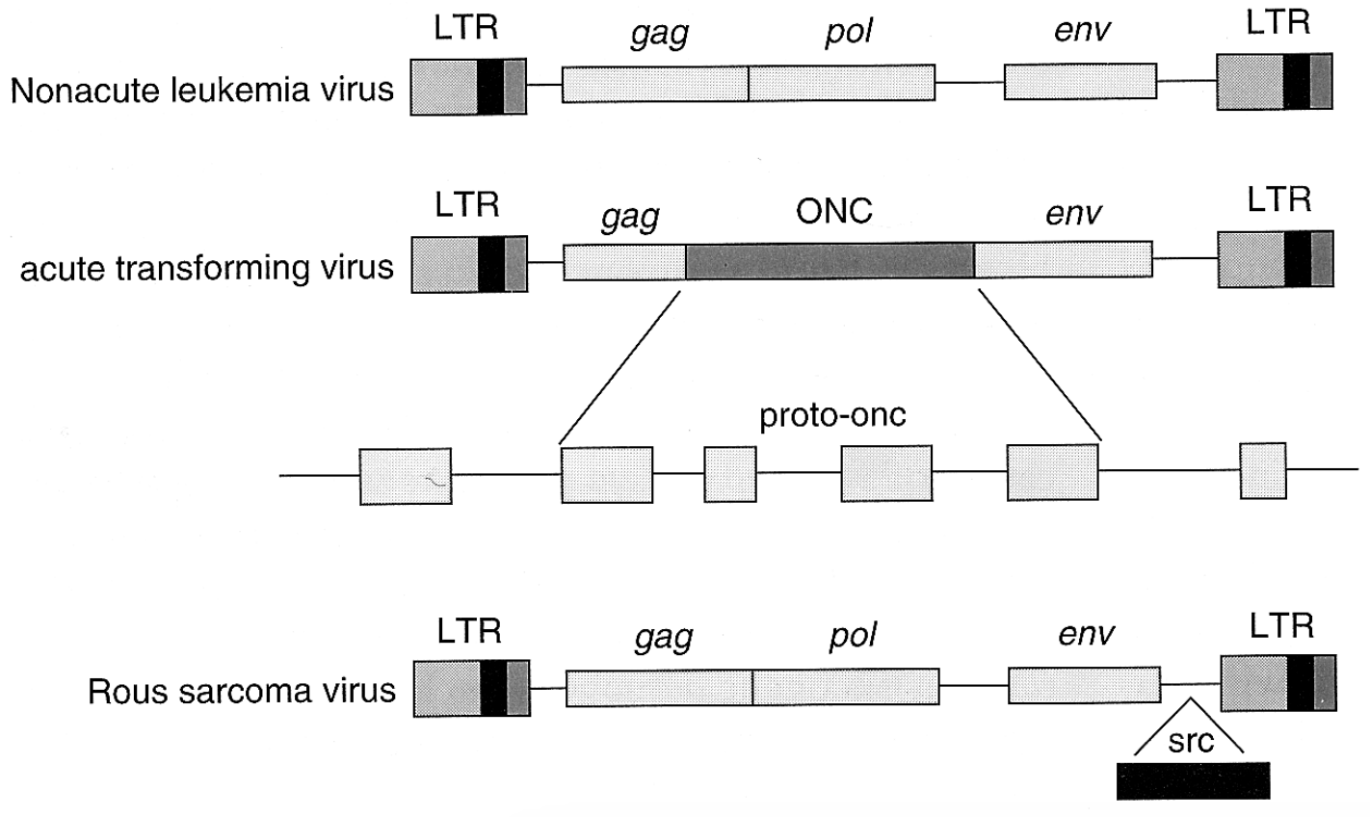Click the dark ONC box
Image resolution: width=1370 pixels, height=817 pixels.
(x=830, y=261)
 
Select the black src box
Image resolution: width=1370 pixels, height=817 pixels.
(x=1193, y=780)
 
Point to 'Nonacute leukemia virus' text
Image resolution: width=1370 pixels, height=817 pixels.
(x=202, y=91)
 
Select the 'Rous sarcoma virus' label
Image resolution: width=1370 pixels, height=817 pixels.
(x=242, y=691)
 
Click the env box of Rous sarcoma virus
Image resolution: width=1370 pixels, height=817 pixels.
(x=1084, y=686)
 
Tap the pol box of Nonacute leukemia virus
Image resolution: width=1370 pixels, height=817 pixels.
(x=841, y=83)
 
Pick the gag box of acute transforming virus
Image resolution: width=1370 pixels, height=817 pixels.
(x=624, y=261)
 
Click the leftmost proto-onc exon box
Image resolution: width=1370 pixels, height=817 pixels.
(x=405, y=476)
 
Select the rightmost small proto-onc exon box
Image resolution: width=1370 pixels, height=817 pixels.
(x=1262, y=470)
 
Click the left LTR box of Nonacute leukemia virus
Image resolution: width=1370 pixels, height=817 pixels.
(x=468, y=86)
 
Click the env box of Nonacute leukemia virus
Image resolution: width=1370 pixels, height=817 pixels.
(x=1080, y=82)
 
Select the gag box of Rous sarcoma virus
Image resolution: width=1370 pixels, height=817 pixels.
(x=659, y=687)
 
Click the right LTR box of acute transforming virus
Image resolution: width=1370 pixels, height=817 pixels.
(x=1276, y=258)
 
